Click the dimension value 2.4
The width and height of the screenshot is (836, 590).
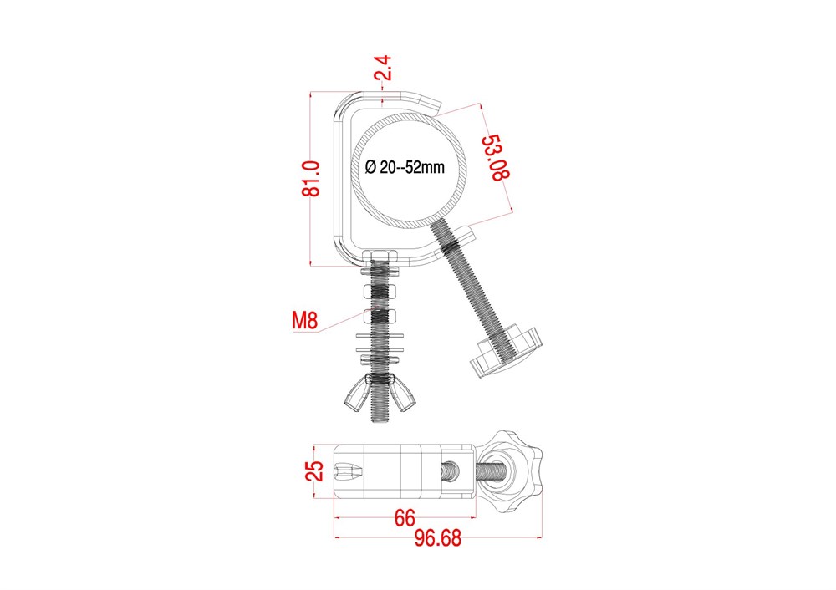point(384,68)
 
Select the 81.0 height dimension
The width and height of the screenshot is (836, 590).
point(311,179)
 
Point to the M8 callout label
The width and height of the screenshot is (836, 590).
point(305,320)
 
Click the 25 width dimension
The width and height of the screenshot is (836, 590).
point(314,471)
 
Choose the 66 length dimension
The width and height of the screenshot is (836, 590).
point(405,517)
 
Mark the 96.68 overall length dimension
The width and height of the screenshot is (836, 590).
point(438,538)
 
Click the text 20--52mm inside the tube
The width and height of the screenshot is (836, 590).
point(413,167)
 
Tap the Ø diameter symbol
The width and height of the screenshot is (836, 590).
point(371,167)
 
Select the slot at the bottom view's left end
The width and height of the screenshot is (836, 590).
point(348,471)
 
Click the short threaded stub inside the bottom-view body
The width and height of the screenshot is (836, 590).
point(451,472)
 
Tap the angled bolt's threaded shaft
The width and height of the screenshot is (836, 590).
point(472,287)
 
